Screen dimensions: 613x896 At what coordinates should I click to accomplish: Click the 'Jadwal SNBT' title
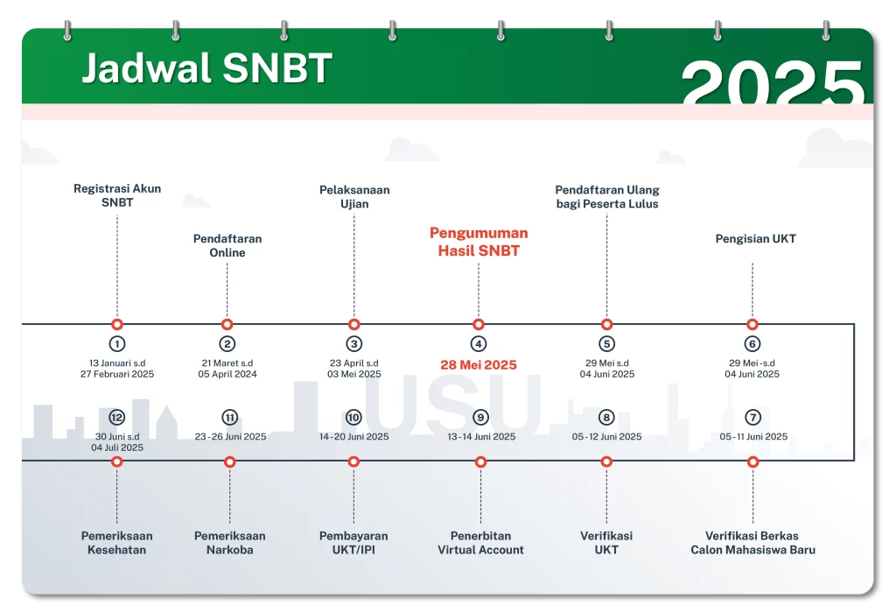coord(206,68)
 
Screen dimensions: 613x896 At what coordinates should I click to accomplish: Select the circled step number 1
coord(117,344)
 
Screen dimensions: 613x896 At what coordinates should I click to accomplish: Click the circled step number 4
coord(479,344)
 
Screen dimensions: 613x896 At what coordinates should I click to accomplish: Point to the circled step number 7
coord(753,418)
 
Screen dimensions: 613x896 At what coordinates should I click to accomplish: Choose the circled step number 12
coord(117,418)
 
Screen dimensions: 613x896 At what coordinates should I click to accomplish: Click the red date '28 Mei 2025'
coord(479,365)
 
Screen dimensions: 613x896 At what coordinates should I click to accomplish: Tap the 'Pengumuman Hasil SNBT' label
coord(479,242)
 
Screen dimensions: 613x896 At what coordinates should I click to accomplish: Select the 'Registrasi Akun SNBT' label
coord(117,195)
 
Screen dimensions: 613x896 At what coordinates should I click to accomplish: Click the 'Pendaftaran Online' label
coord(227,245)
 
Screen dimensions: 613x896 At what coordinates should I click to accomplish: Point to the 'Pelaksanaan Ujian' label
coord(354,196)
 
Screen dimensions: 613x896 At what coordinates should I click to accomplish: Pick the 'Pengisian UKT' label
coord(756,238)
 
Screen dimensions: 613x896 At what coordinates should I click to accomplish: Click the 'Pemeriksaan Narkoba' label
coord(230,543)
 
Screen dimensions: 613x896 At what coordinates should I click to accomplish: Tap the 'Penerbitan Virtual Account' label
coord(480,543)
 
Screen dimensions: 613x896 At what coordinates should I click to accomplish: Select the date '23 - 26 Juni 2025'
coord(230,436)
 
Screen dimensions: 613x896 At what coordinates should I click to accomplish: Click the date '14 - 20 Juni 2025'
coord(353,436)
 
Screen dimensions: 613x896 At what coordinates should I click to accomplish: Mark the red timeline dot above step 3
coord(353,324)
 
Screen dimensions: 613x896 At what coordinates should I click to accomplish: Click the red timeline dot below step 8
coord(607,462)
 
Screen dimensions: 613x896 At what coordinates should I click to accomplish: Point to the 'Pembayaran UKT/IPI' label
coord(353,543)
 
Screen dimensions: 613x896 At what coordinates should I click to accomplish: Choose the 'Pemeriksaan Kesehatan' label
coord(117,543)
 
